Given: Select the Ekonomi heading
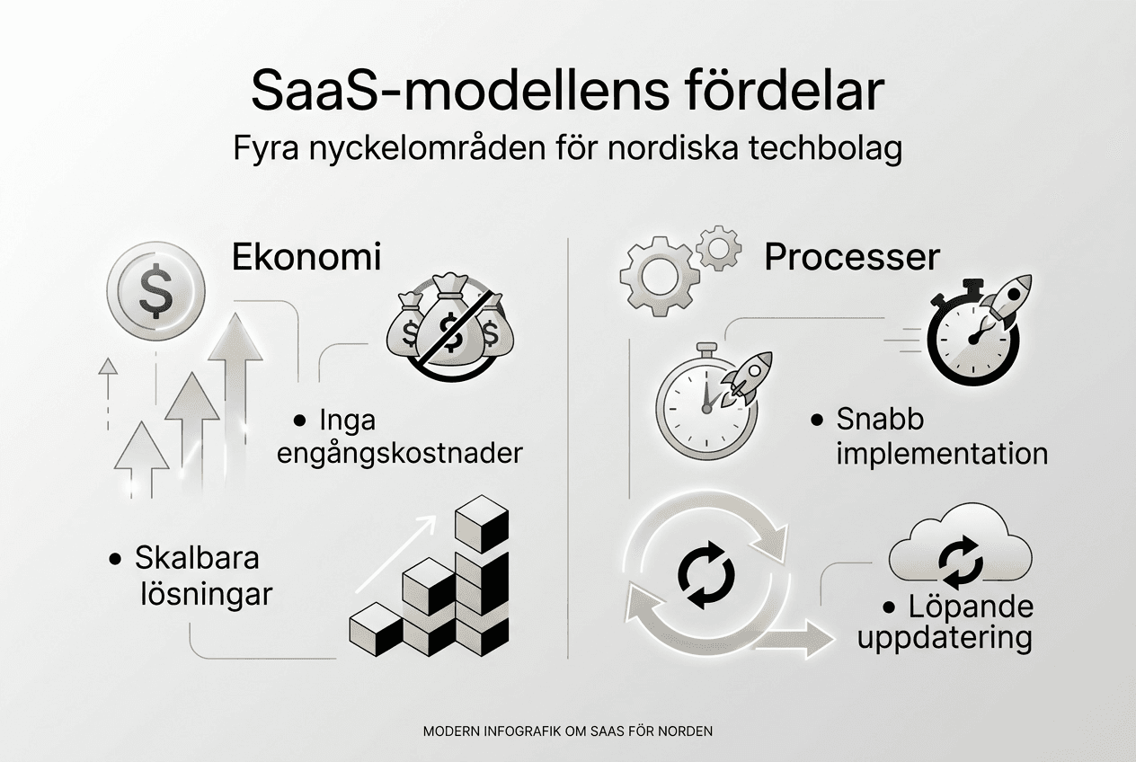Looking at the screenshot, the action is pos(306,257).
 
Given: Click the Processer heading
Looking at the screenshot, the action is pos(852,258).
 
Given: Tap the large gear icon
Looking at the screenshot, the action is pos(660,276).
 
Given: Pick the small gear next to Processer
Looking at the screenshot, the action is pos(719,248).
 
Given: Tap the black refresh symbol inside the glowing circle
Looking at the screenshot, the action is pos(706,574).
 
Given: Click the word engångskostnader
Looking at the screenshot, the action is pos(400,454).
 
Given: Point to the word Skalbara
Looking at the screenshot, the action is pos(197,558).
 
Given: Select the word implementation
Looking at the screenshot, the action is pos(942,454).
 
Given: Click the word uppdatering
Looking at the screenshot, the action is pos(945,639).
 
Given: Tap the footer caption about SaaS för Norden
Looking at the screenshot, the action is pos(568,731).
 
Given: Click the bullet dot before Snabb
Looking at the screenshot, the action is pos(816,421).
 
